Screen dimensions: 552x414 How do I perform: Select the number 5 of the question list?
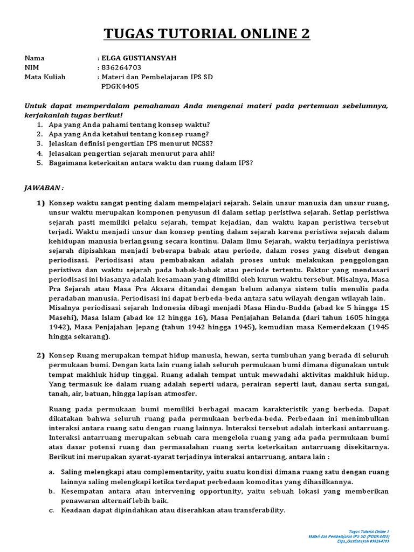[x=39, y=163]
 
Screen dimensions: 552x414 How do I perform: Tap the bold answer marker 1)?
[x=41, y=203]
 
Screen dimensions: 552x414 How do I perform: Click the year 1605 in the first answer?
[x=355, y=317]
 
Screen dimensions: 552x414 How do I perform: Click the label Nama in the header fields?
[x=34, y=58]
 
